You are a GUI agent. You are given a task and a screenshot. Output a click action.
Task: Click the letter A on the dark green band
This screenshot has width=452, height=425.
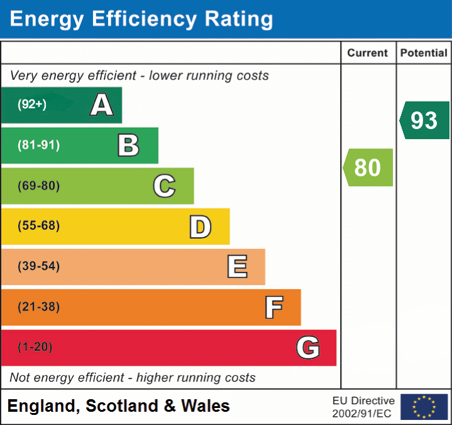102,105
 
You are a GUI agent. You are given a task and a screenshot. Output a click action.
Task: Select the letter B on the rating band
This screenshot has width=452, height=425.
128,145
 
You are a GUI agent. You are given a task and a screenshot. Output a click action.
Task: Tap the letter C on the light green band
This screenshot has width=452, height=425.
164,186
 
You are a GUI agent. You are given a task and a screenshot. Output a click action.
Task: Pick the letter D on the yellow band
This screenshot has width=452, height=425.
200,226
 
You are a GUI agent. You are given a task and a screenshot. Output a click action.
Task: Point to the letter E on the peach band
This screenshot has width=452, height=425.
237,266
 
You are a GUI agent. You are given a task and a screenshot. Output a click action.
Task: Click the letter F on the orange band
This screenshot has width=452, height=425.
273,307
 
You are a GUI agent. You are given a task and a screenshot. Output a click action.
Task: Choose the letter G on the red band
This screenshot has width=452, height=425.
308,347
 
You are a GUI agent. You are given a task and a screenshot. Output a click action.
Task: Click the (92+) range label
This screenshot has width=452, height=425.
32,105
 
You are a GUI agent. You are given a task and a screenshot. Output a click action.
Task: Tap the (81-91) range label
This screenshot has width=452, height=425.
39,145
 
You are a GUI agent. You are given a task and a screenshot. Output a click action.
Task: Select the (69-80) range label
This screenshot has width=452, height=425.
39,186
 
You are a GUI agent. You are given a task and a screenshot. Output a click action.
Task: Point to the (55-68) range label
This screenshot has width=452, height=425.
39,226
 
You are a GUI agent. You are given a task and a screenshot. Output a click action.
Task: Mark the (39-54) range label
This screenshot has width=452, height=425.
39,266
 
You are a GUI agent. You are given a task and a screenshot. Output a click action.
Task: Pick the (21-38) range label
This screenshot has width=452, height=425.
39,307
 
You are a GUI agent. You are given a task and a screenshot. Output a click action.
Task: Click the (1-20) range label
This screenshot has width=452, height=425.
35,347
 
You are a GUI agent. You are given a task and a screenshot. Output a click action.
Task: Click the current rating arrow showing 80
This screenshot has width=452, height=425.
368,167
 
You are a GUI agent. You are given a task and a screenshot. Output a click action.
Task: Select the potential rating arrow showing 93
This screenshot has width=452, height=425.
425,120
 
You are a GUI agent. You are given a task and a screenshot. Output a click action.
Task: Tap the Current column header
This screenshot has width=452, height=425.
368,54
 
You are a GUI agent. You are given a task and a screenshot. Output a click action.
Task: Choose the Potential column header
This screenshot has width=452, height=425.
424,54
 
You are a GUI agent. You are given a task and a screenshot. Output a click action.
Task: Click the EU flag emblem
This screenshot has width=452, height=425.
424,407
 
